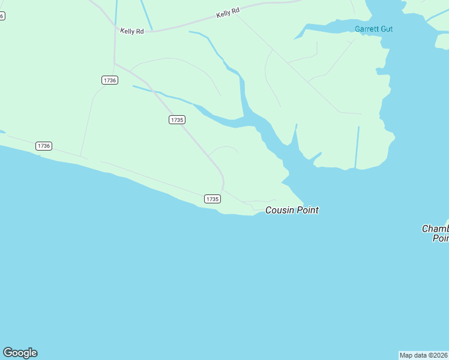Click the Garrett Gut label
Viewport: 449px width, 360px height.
(x=373, y=29)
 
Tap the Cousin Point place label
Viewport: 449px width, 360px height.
(x=292, y=210)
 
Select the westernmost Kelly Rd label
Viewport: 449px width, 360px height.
(x=132, y=31)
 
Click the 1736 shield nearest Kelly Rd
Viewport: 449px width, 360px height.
(x=109, y=80)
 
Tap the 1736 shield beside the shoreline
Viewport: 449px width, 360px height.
(x=43, y=146)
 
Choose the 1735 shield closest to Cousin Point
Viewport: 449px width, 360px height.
(x=212, y=199)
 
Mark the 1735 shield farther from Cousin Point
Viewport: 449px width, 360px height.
(x=176, y=120)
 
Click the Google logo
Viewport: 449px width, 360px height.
(x=20, y=353)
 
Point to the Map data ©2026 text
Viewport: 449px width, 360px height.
(x=424, y=355)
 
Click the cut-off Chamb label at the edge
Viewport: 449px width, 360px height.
(x=436, y=233)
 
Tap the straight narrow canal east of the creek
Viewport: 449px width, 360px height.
(x=357, y=147)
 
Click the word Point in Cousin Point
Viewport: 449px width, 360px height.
(x=307, y=210)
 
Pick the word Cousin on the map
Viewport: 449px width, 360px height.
(x=279, y=210)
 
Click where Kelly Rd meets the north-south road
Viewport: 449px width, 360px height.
(x=115, y=27)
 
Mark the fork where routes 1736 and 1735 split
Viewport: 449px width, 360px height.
(x=115, y=63)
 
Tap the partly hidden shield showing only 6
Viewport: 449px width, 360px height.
(x=2, y=16)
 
